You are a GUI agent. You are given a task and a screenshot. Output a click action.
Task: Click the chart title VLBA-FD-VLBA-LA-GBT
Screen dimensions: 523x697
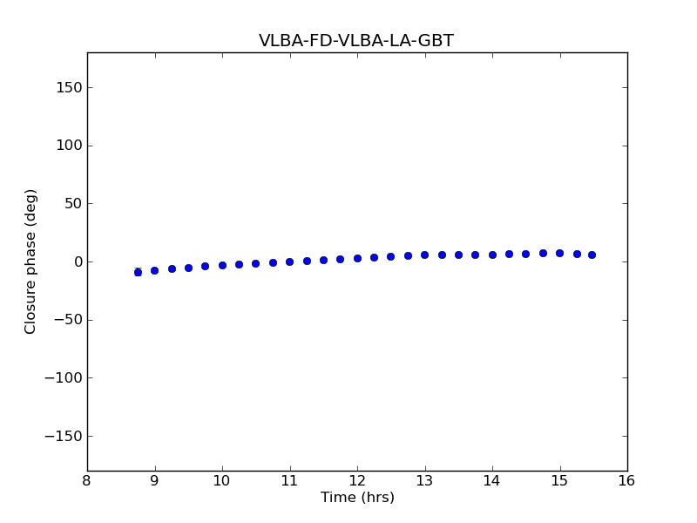tap(355, 41)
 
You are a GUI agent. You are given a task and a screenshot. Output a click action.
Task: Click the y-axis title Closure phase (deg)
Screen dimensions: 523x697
tap(31, 261)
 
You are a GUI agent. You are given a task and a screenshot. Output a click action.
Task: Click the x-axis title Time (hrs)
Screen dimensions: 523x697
tap(357, 498)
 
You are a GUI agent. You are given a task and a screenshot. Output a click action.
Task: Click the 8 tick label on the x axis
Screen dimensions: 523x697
tap(87, 481)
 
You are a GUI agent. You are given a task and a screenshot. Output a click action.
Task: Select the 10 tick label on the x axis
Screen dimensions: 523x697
tap(222, 481)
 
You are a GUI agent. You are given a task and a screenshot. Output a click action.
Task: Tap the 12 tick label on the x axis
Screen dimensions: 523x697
tap(357, 481)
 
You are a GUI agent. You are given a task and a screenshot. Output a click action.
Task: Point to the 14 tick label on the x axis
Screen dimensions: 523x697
tap(492, 481)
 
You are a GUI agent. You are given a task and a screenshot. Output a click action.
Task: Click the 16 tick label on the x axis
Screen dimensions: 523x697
tap(627, 481)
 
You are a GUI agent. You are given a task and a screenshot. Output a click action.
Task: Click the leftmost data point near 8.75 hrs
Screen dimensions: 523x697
tap(138, 272)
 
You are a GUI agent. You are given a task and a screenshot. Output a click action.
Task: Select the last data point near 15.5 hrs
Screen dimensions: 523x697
tap(592, 255)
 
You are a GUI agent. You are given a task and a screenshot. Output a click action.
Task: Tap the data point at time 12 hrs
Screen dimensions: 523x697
tap(357, 258)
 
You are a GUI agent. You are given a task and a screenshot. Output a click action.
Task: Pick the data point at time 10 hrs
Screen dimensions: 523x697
tap(222, 265)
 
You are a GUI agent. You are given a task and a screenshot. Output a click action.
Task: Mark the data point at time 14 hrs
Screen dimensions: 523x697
tap(492, 255)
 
